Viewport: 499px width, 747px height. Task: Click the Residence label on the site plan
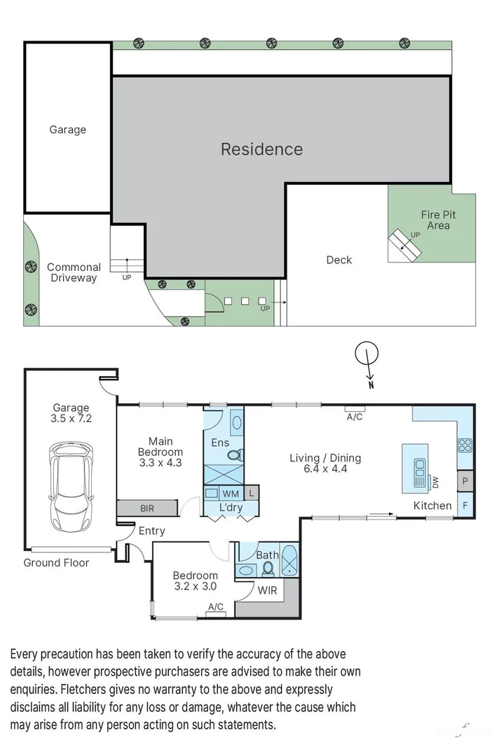[261, 149]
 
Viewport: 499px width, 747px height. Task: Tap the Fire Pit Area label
[439, 220]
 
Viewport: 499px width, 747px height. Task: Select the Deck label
[339, 260]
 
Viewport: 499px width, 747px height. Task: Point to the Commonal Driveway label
[74, 272]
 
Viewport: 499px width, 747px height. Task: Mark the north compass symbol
[365, 356]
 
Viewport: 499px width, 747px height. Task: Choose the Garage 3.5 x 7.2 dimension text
[71, 413]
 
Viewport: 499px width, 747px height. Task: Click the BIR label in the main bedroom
[146, 508]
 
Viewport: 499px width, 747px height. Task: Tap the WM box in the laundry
[231, 494]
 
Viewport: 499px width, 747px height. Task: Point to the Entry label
[151, 531]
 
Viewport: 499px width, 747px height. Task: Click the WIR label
[268, 590]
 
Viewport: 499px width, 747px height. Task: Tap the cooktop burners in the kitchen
[465, 445]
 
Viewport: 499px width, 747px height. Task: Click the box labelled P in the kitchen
[465, 482]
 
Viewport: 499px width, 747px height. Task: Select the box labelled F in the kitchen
[465, 505]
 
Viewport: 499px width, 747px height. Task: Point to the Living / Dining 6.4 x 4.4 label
[325, 463]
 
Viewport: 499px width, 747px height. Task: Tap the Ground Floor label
[56, 562]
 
